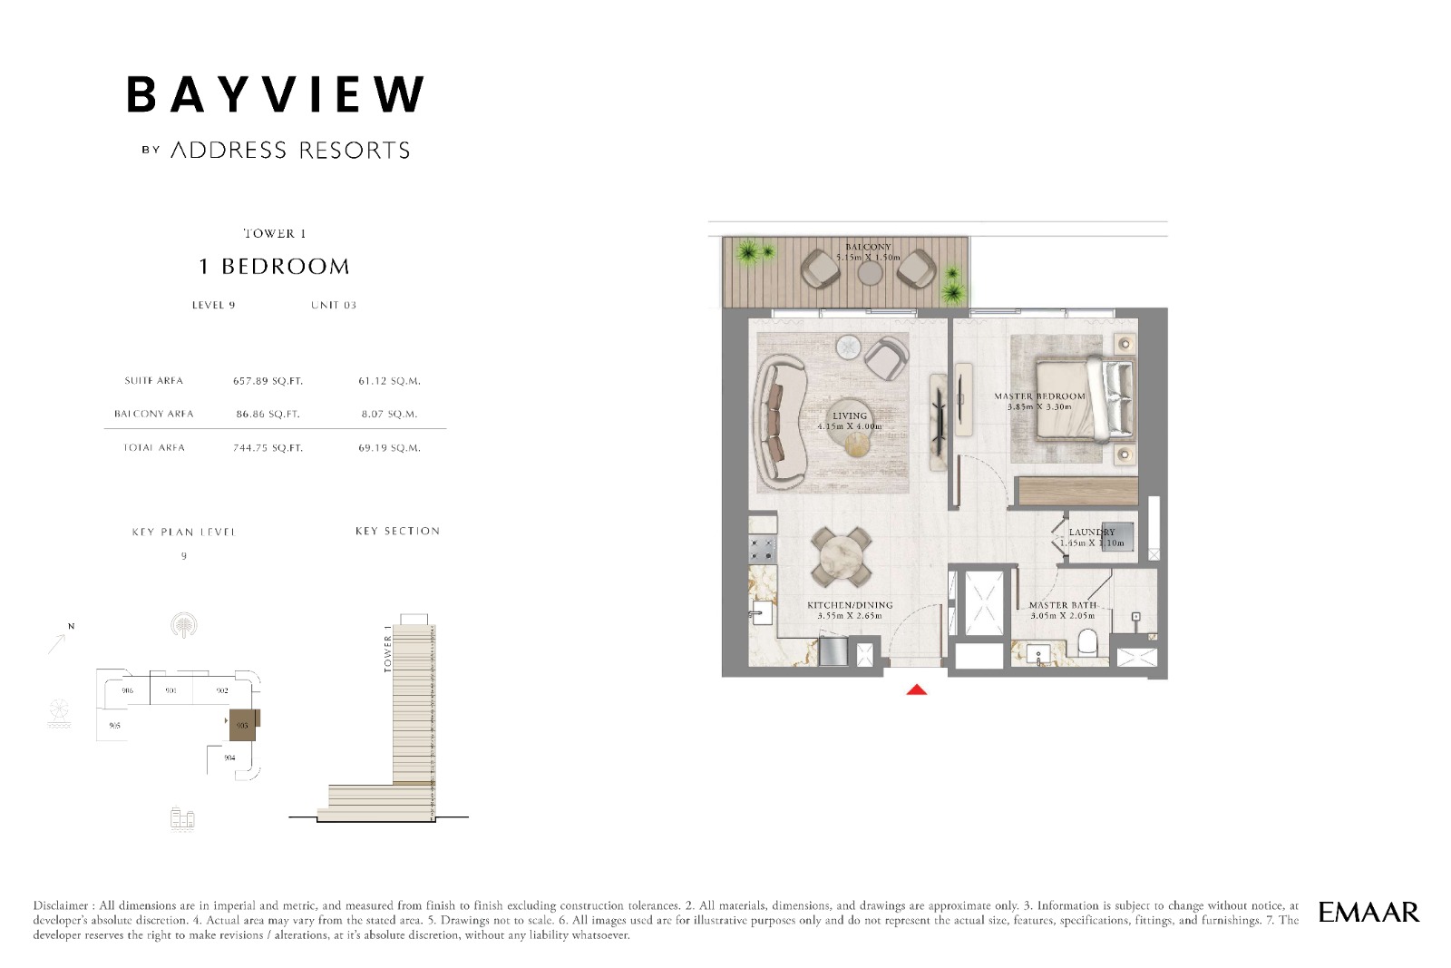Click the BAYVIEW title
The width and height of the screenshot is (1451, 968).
click(x=275, y=94)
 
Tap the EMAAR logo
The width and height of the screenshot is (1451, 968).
click(x=1368, y=912)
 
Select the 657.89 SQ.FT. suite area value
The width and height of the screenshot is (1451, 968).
click(x=268, y=381)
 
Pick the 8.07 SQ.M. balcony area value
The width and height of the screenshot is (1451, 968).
click(x=389, y=414)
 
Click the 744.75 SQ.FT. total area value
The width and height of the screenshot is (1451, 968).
click(x=268, y=448)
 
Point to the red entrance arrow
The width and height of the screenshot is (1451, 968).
click(x=917, y=690)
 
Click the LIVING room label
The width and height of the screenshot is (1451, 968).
click(x=850, y=416)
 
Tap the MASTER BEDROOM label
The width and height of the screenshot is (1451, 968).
click(x=1039, y=396)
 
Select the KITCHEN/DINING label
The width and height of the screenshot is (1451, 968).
click(x=850, y=605)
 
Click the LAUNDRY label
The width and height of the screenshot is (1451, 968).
click(x=1092, y=533)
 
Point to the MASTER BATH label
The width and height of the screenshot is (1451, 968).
click(x=1062, y=605)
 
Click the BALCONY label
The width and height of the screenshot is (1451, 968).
click(x=868, y=247)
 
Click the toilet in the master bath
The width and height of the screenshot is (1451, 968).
click(x=1087, y=643)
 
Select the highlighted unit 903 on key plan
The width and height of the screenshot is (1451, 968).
click(x=242, y=725)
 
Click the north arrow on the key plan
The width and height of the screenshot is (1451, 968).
click(x=59, y=641)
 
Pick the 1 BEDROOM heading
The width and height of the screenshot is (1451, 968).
click(x=274, y=267)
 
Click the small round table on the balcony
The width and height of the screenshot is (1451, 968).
click(x=870, y=271)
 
